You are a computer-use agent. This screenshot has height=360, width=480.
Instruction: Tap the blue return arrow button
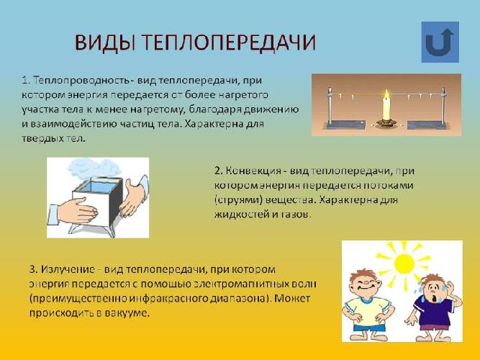(438, 41)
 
